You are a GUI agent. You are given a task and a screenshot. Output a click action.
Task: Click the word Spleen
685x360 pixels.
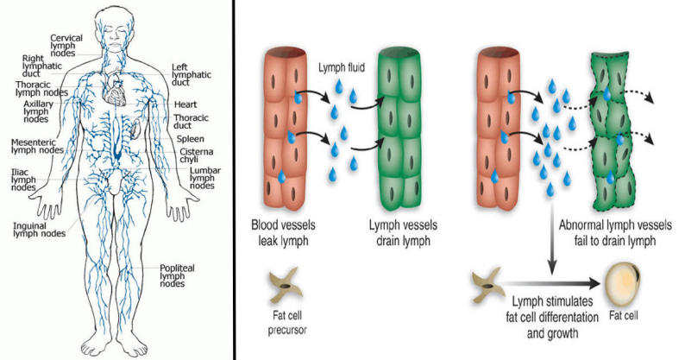191,138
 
